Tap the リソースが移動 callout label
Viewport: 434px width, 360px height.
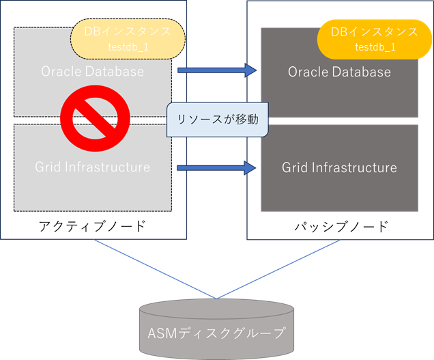217,120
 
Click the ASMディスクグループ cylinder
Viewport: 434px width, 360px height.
216,328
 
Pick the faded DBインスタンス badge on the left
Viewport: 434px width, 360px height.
128,38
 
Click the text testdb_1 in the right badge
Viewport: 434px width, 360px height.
375,47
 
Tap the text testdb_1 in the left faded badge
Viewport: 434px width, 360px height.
128,47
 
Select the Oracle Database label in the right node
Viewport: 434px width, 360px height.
339,72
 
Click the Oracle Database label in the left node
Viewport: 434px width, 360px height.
93,71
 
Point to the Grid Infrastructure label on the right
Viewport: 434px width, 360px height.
339,167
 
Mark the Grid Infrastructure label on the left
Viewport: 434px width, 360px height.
93,167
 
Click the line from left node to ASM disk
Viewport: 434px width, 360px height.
154,268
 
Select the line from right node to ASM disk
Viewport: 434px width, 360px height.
280,268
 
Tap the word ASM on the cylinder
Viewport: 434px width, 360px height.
162,334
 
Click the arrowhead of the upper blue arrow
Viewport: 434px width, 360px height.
250,70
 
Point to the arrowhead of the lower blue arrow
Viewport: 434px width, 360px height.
250,167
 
